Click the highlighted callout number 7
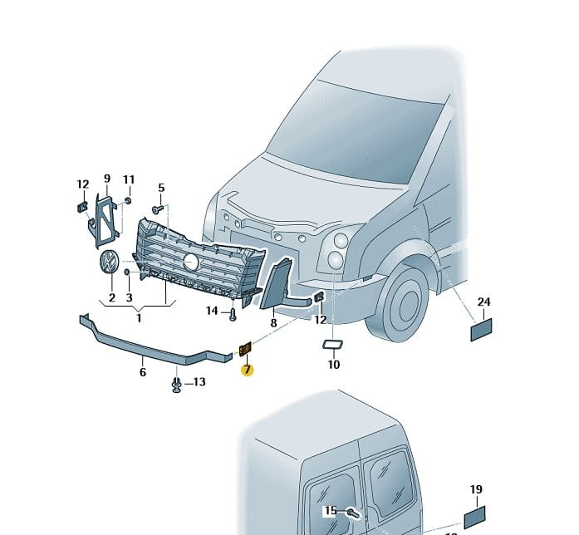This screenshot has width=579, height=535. tap(248, 370)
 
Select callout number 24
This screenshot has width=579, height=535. tap(483, 302)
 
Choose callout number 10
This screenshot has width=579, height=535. tap(334, 364)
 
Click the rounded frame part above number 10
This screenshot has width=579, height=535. tap(334, 345)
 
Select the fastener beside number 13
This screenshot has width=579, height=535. tap(177, 383)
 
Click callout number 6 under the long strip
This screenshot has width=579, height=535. tap(143, 372)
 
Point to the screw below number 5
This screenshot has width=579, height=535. tap(157, 210)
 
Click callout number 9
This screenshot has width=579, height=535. tap(107, 179)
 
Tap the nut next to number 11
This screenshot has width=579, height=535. tap(129, 201)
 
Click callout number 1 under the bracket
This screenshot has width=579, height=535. tap(139, 317)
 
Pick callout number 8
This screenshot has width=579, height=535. tap(272, 321)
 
